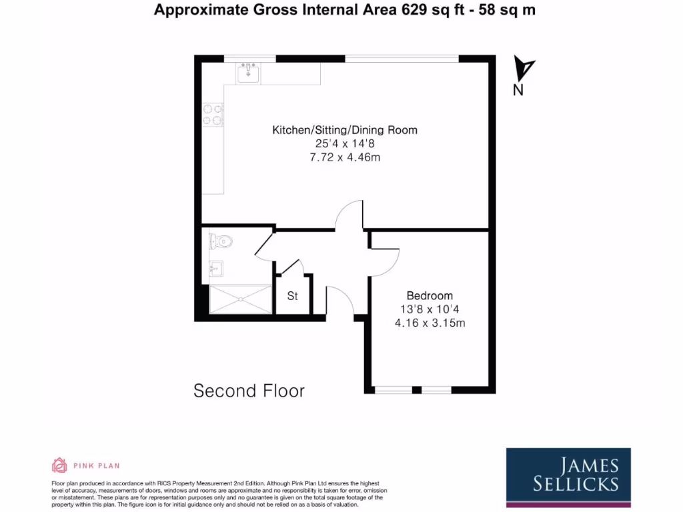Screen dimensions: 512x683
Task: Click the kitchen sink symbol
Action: (x=249, y=72)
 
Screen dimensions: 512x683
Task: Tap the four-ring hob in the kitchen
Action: (x=212, y=114)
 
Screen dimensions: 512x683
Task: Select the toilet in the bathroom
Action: (x=220, y=241)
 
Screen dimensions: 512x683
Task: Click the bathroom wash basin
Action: (x=215, y=270)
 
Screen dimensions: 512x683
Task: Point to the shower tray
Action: (x=239, y=299)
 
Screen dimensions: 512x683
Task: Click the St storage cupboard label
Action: (x=292, y=296)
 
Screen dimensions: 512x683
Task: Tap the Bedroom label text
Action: (x=430, y=295)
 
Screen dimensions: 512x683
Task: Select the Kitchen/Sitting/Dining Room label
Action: (x=344, y=130)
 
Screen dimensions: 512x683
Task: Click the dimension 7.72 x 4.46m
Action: (x=344, y=157)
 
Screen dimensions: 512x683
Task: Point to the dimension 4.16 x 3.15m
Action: (x=430, y=323)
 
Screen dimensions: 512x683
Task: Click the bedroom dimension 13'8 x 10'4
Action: (x=430, y=309)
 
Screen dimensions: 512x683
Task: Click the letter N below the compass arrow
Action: (x=518, y=91)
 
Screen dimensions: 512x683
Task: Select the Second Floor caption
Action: (x=249, y=391)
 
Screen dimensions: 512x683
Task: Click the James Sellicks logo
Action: (x=568, y=474)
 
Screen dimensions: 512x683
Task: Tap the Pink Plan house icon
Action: (x=59, y=465)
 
